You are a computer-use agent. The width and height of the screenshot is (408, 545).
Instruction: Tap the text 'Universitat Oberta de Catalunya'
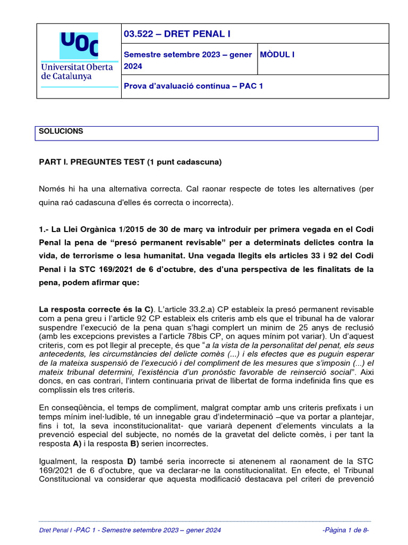point(76,71)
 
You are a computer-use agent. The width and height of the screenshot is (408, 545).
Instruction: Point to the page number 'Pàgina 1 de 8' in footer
point(345,530)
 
